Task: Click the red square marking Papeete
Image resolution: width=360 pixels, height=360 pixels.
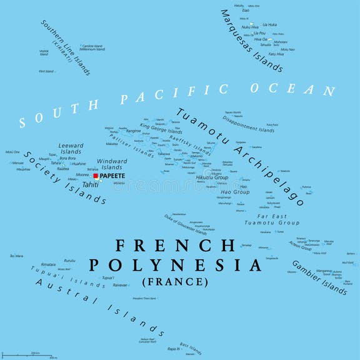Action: click(96, 176)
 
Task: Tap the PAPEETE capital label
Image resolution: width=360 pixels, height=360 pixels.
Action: click(112, 176)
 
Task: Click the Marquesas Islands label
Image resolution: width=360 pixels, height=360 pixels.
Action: click(252, 39)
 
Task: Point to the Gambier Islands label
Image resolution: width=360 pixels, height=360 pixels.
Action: click(319, 277)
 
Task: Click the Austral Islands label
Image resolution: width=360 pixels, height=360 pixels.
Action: click(100, 307)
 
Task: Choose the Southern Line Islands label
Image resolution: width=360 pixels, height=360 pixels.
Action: click(66, 47)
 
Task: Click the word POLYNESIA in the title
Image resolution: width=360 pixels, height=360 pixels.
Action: click(176, 265)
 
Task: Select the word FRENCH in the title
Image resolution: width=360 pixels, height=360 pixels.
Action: click(176, 244)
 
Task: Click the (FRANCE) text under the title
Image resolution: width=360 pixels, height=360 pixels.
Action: click(176, 282)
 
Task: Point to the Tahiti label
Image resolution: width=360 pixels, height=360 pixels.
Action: click(91, 184)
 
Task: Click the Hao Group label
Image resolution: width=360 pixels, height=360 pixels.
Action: click(237, 192)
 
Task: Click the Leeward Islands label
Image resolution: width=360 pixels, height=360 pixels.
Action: click(71, 149)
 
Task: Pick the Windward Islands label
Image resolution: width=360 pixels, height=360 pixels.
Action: click(112, 164)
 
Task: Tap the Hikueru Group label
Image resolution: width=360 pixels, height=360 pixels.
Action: click(212, 177)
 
